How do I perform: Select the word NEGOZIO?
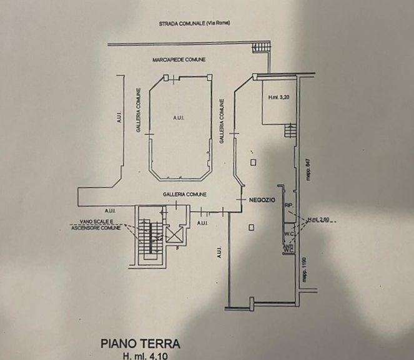[262, 200]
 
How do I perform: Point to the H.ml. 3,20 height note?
[278, 97]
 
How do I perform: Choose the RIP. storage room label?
[288, 205]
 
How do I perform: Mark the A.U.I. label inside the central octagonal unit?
[178, 117]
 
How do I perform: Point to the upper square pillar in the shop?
[252, 163]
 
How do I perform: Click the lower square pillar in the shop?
[251, 226]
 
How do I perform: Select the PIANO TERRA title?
[140, 344]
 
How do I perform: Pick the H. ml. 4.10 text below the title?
[144, 356]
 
